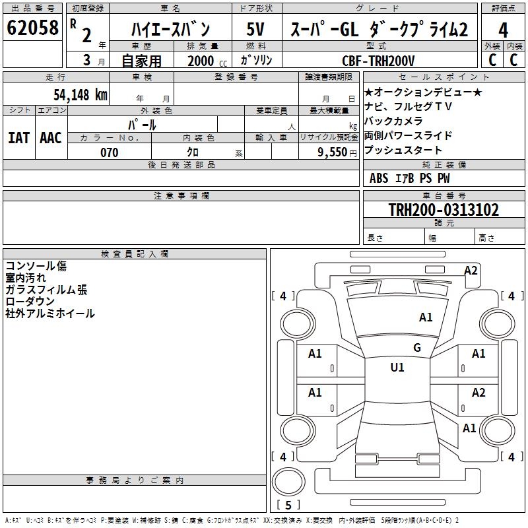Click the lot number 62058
pyautogui.click(x=32, y=28)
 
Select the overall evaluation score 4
pyautogui.click(x=503, y=30)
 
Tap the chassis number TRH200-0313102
pyautogui.click(x=434, y=210)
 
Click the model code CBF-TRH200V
pyautogui.click(x=378, y=61)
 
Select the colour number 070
pyautogui.click(x=109, y=152)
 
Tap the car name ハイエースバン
pyautogui.click(x=170, y=30)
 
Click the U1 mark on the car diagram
pyautogui.click(x=397, y=368)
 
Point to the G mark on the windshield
pyautogui.click(x=417, y=348)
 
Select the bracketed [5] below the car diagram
pyautogui.click(x=287, y=506)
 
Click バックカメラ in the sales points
pyautogui.click(x=393, y=121)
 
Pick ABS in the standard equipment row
pyautogui.click(x=379, y=178)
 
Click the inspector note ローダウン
pyautogui.click(x=30, y=302)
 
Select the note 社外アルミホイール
pyautogui.click(x=50, y=313)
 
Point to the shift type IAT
pyautogui.click(x=18, y=138)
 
